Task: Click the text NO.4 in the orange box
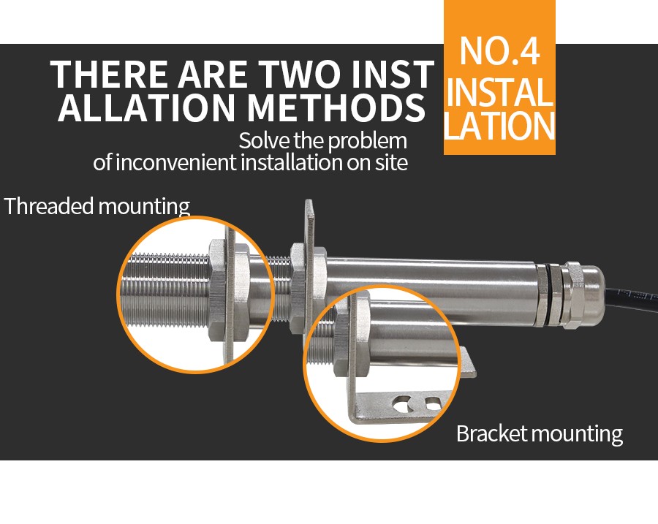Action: pyautogui.click(x=499, y=51)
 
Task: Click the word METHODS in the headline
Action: pyautogui.click(x=336, y=108)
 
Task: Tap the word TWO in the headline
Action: pyautogui.click(x=300, y=75)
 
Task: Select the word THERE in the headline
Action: pyautogui.click(x=108, y=75)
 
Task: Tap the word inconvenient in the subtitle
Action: pyautogui.click(x=175, y=163)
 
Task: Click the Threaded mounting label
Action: pyautogui.click(x=97, y=206)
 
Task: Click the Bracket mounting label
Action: pyautogui.click(x=540, y=433)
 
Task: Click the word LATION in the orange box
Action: pyautogui.click(x=499, y=126)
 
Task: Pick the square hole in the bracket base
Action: pyautogui.click(x=433, y=403)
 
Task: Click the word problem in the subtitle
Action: pyautogui.click(x=368, y=141)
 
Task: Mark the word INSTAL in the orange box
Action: pyautogui.click(x=499, y=91)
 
